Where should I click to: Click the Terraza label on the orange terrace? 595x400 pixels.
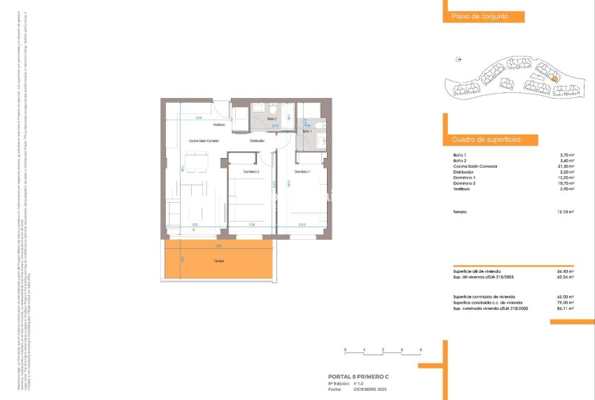point(220,262)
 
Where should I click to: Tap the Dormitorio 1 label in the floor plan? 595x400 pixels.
point(302,172)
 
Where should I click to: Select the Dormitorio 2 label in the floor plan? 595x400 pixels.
point(251,172)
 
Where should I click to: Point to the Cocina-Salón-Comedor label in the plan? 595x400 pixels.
point(204,141)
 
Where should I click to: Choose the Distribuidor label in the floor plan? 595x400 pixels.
point(258,141)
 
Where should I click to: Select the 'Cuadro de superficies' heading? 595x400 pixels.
point(486,140)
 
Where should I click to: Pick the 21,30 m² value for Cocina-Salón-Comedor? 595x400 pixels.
point(566,166)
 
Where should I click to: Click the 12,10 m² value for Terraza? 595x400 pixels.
point(566,212)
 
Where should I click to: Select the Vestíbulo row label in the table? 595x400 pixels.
point(462,189)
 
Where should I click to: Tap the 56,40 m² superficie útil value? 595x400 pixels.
point(566,271)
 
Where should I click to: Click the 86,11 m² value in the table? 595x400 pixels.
point(566,308)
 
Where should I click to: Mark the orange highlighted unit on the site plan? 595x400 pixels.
point(554,79)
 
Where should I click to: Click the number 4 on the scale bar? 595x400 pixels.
point(420,349)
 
